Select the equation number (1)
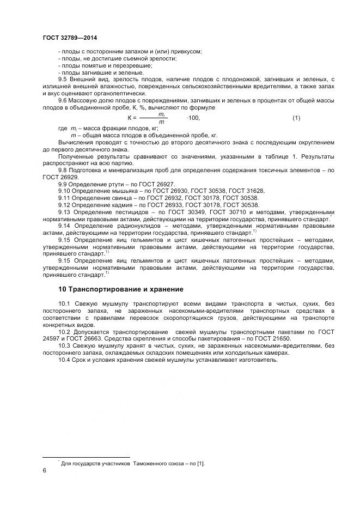(x=296, y=118)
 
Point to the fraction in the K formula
(x=161, y=118)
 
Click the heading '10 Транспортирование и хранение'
(x=121, y=289)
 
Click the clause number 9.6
(x=62, y=100)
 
